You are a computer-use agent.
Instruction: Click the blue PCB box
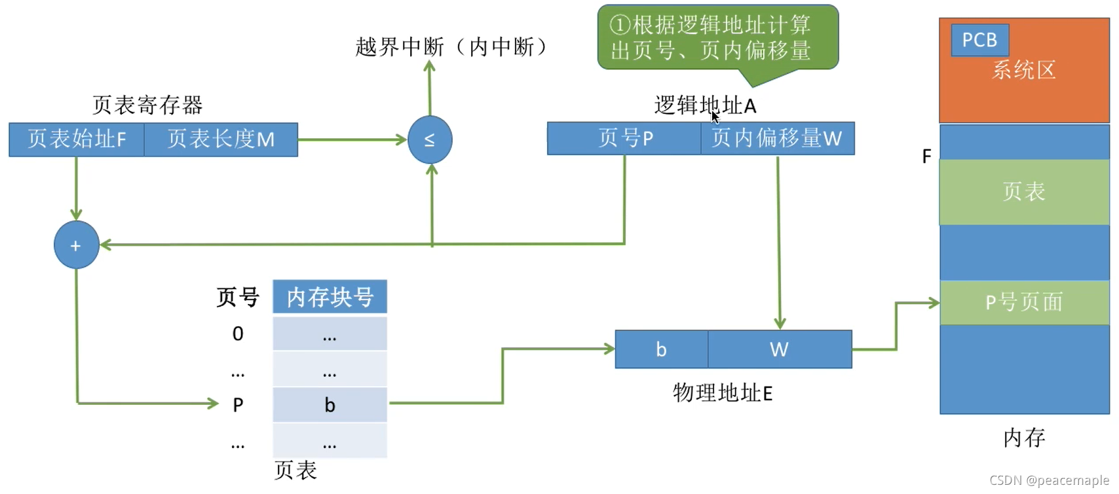point(979,40)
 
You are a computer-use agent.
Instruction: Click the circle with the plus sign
point(76,245)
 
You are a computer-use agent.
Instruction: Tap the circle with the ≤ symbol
point(430,140)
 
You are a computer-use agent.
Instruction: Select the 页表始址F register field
point(77,139)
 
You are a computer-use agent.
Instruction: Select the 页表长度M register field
point(221,139)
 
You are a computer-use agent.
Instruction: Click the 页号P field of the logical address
point(624,138)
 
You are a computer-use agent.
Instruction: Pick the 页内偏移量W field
point(777,138)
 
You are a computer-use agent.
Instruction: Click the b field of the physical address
point(661,349)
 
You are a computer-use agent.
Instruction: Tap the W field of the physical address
point(779,349)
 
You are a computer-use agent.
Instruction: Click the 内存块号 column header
point(330,297)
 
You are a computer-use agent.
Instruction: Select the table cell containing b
point(330,405)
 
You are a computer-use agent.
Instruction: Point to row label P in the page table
point(238,405)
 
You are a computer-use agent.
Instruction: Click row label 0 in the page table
point(238,334)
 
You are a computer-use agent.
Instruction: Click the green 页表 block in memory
point(1023,192)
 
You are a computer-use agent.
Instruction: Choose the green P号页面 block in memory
point(1023,302)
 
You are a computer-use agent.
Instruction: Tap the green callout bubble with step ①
point(717,37)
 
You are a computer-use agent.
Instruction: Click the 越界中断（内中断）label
point(452,47)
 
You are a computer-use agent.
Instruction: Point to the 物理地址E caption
point(723,392)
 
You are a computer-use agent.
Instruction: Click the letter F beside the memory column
point(926,157)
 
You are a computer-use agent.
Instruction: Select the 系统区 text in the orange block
point(1023,70)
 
